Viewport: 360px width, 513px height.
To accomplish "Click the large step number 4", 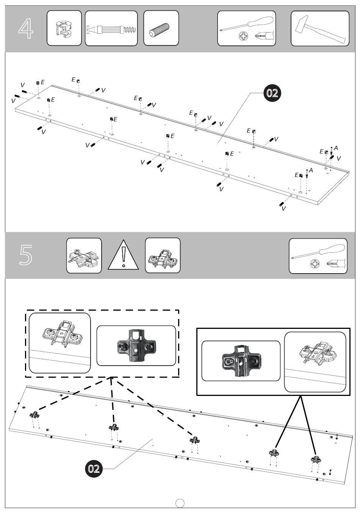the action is click(26, 28).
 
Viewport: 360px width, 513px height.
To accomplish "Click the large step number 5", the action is click(26, 255).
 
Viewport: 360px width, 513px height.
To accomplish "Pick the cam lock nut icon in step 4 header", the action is click(64, 28).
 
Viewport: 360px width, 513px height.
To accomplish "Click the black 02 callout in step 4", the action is click(272, 93).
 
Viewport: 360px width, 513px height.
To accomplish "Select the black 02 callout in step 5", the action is click(94, 469).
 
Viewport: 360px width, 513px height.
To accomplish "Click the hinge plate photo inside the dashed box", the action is click(136, 346).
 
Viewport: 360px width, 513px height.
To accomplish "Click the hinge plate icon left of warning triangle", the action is click(84, 256).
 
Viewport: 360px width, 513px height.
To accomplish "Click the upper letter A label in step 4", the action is click(336, 148).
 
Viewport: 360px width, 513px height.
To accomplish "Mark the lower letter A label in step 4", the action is click(311, 170).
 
